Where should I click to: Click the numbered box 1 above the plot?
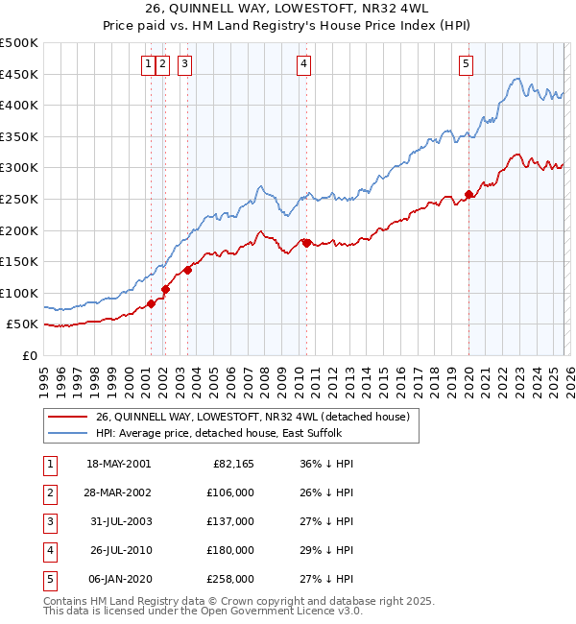point(149,64)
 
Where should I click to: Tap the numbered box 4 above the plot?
point(303,64)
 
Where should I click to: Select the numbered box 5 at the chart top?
point(466,64)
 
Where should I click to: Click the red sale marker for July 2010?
point(306,243)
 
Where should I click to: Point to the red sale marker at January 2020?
point(468,195)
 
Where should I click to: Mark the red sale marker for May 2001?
point(152,304)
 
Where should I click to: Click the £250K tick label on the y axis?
point(19,199)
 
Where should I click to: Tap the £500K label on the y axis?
point(19,43)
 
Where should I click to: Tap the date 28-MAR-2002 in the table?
point(118,492)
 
